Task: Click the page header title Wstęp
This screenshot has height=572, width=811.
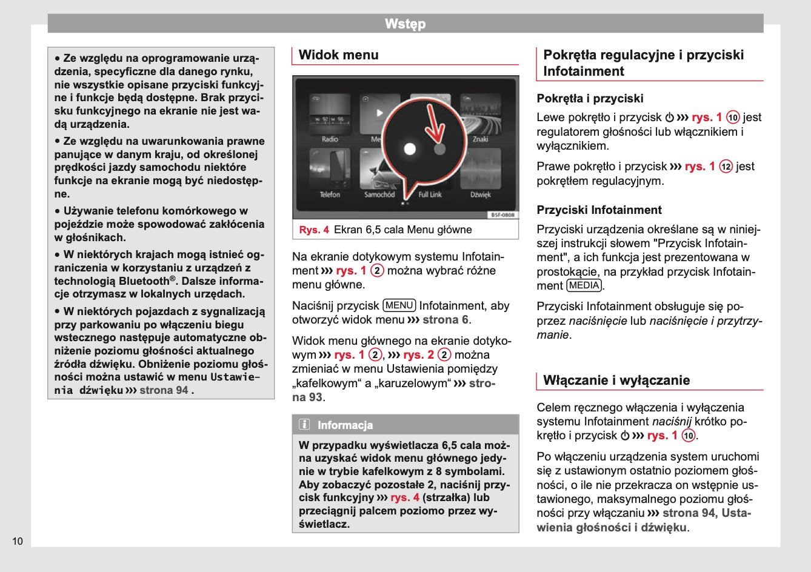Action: [405, 24]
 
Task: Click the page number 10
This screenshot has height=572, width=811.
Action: [18, 541]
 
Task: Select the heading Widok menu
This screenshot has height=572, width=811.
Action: [338, 55]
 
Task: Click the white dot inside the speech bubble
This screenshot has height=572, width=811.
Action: [410, 148]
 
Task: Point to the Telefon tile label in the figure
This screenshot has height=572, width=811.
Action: [330, 195]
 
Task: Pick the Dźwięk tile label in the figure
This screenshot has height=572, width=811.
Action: [480, 195]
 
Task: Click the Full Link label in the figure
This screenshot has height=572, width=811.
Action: [430, 195]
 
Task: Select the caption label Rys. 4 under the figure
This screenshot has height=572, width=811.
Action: [314, 230]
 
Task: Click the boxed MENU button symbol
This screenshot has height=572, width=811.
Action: [399, 305]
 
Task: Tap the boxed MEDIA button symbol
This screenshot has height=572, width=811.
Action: [584, 285]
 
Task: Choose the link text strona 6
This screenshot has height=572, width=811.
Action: [446, 319]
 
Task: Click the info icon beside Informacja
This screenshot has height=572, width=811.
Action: [304, 424]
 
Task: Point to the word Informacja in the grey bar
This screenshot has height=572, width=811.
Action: [345, 425]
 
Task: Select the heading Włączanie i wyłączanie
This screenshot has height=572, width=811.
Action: [616, 381]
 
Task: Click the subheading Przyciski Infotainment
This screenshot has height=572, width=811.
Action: [599, 210]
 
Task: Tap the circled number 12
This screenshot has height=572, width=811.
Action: [726, 167]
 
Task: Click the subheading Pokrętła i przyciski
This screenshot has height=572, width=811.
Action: [590, 99]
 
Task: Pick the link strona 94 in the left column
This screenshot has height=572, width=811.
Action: [164, 390]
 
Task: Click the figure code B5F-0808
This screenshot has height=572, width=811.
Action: [502, 215]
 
